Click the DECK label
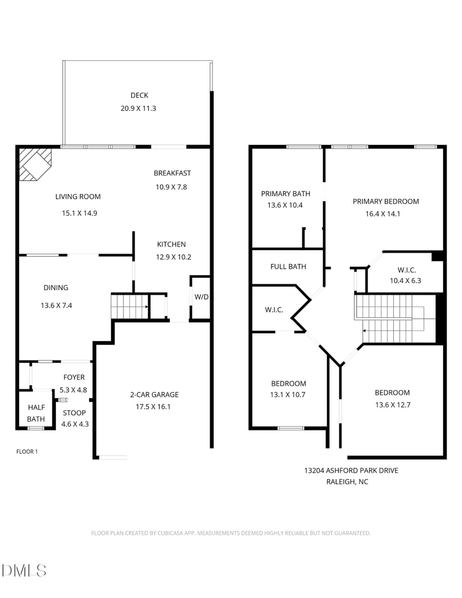(x=139, y=95)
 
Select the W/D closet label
(x=201, y=297)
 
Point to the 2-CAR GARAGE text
(x=154, y=395)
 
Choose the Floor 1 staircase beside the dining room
(x=130, y=306)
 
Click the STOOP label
(x=74, y=413)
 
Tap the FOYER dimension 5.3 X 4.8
(x=73, y=389)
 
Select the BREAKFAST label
(x=172, y=173)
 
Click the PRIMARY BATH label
(x=285, y=194)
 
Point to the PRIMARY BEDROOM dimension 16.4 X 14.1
(x=385, y=214)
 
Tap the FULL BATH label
(x=288, y=266)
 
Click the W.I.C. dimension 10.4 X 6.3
(x=407, y=281)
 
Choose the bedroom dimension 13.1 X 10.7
(x=288, y=395)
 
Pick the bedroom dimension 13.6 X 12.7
(x=392, y=404)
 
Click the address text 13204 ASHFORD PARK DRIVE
(x=351, y=470)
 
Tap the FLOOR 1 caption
(x=27, y=452)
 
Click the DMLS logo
(x=24, y=570)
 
